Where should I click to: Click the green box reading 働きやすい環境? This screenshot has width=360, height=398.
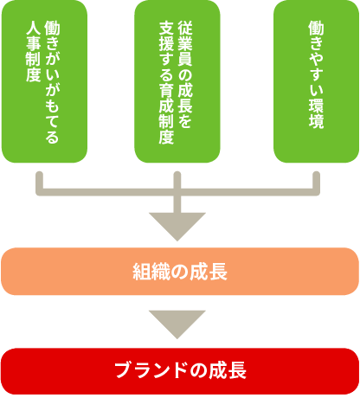click(316, 81)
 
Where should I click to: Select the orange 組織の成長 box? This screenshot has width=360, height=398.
click(180, 271)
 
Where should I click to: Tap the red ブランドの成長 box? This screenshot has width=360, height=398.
click(180, 371)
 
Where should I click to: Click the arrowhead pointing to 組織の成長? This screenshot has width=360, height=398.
click(177, 227)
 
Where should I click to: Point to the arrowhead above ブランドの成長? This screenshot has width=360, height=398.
click(177, 324)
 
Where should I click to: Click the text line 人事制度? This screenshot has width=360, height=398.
click(33, 51)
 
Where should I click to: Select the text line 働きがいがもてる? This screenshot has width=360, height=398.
click(52, 82)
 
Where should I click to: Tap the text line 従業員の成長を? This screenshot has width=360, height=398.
click(185, 74)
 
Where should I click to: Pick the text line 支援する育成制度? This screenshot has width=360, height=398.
click(166, 82)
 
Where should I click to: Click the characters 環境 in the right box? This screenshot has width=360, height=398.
click(316, 114)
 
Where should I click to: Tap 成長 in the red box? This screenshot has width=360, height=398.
click(228, 370)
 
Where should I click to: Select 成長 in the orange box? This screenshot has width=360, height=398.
click(209, 272)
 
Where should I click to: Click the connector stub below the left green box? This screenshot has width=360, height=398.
click(39, 181)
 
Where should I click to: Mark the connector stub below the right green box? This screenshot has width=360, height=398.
click(316, 181)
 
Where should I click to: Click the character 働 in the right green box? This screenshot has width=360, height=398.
click(316, 28)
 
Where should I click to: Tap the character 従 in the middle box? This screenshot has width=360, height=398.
click(185, 28)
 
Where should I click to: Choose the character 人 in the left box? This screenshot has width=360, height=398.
click(33, 29)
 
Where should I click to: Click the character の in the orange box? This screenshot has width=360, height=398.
click(179, 272)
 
